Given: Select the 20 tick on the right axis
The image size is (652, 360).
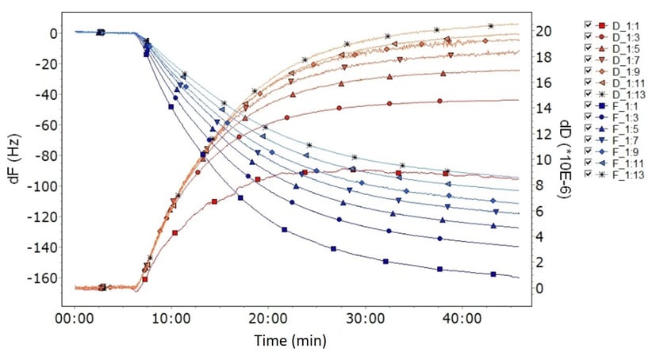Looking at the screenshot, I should (x=543, y=31).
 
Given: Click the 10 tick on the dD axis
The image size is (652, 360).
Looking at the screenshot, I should (x=543, y=159).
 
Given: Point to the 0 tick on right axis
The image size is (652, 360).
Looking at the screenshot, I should (x=540, y=288).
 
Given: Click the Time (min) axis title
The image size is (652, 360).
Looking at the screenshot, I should (x=289, y=341).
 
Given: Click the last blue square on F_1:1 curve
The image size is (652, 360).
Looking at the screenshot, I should (x=493, y=274).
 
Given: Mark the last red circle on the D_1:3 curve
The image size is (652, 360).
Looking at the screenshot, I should (x=439, y=101).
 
